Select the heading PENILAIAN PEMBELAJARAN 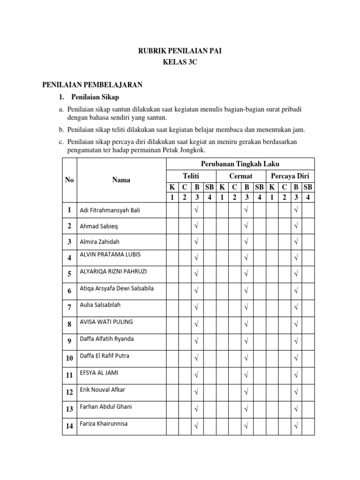[x=92, y=85]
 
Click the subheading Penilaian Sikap [x=95, y=97]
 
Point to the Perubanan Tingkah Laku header [x=240, y=164]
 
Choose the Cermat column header [x=241, y=176]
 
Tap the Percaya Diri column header [x=290, y=176]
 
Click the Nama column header [x=121, y=180]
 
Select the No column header [x=69, y=180]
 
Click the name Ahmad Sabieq [x=99, y=226]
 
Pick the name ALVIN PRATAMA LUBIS [x=110, y=255]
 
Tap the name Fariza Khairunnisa [x=104, y=424]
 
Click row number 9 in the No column [x=69, y=341]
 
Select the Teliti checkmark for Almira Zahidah [x=196, y=242]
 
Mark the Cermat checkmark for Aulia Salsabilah [x=246, y=307]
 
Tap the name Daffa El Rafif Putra [x=105, y=356]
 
